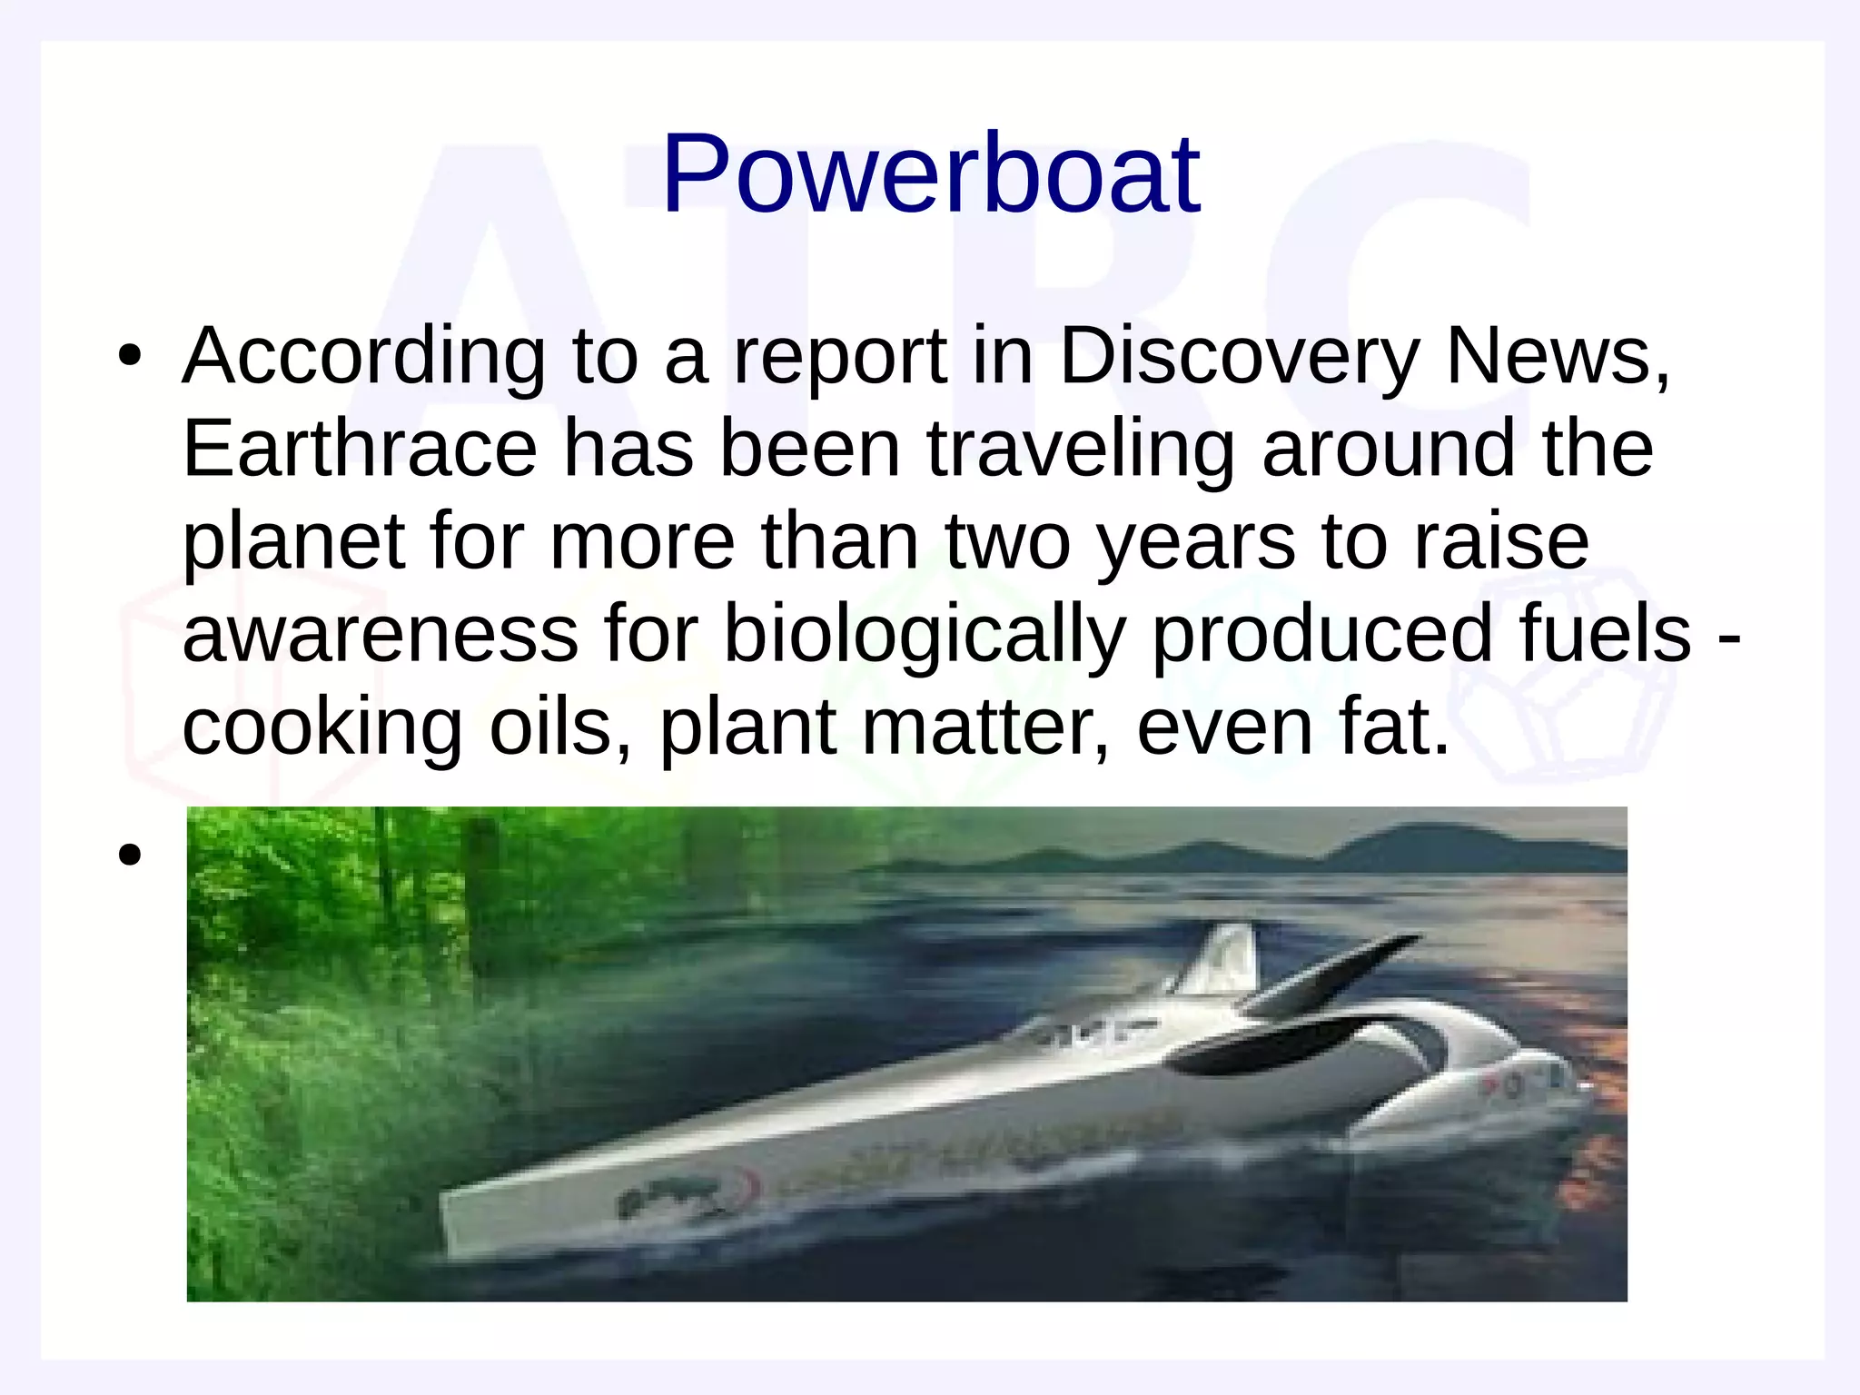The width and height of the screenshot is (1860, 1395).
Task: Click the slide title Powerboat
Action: click(x=931, y=174)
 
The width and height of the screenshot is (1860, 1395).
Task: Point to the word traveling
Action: click(x=1080, y=450)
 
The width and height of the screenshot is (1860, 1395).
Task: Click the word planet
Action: click(x=293, y=543)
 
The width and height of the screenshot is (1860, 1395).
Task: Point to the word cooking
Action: click(x=322, y=728)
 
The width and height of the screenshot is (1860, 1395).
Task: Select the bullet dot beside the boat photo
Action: click(x=130, y=855)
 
